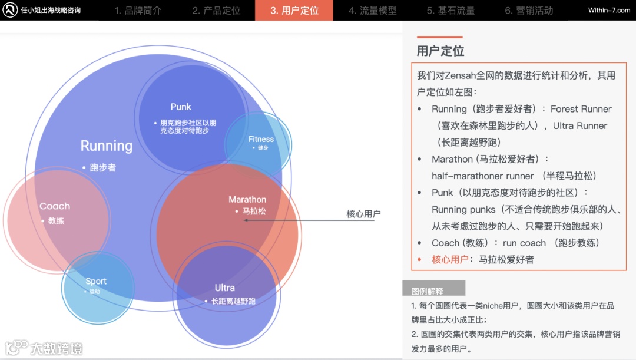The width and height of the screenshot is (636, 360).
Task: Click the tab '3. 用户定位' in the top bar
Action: click(x=294, y=11)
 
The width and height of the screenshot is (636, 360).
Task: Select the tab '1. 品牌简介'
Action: click(x=138, y=11)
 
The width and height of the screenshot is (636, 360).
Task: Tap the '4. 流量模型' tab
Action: click(x=372, y=11)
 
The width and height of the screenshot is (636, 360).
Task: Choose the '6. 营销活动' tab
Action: click(x=529, y=11)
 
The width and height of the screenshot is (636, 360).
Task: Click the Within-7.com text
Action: click(x=609, y=11)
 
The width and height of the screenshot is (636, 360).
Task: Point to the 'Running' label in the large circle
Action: click(x=107, y=146)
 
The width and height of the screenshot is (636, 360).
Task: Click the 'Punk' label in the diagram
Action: click(x=181, y=107)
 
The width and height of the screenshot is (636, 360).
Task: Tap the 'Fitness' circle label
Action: click(x=261, y=139)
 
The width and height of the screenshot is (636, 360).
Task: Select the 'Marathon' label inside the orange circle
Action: click(x=247, y=200)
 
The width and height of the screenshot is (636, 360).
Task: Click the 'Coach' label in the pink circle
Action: click(x=55, y=206)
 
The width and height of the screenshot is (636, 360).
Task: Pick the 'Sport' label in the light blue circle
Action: click(x=96, y=281)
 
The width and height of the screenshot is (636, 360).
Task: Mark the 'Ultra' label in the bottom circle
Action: click(x=224, y=288)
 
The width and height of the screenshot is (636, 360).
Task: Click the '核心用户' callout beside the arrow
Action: click(x=363, y=213)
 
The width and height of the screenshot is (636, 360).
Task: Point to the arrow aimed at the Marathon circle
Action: click(x=294, y=220)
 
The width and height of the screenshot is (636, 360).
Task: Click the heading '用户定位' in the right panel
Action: click(x=440, y=51)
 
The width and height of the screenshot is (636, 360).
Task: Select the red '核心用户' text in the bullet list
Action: click(x=450, y=259)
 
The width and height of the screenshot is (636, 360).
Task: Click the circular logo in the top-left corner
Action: click(x=10, y=10)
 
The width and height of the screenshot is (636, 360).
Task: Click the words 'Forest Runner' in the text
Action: click(x=581, y=109)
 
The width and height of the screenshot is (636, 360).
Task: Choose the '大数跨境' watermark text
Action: click(x=57, y=348)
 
